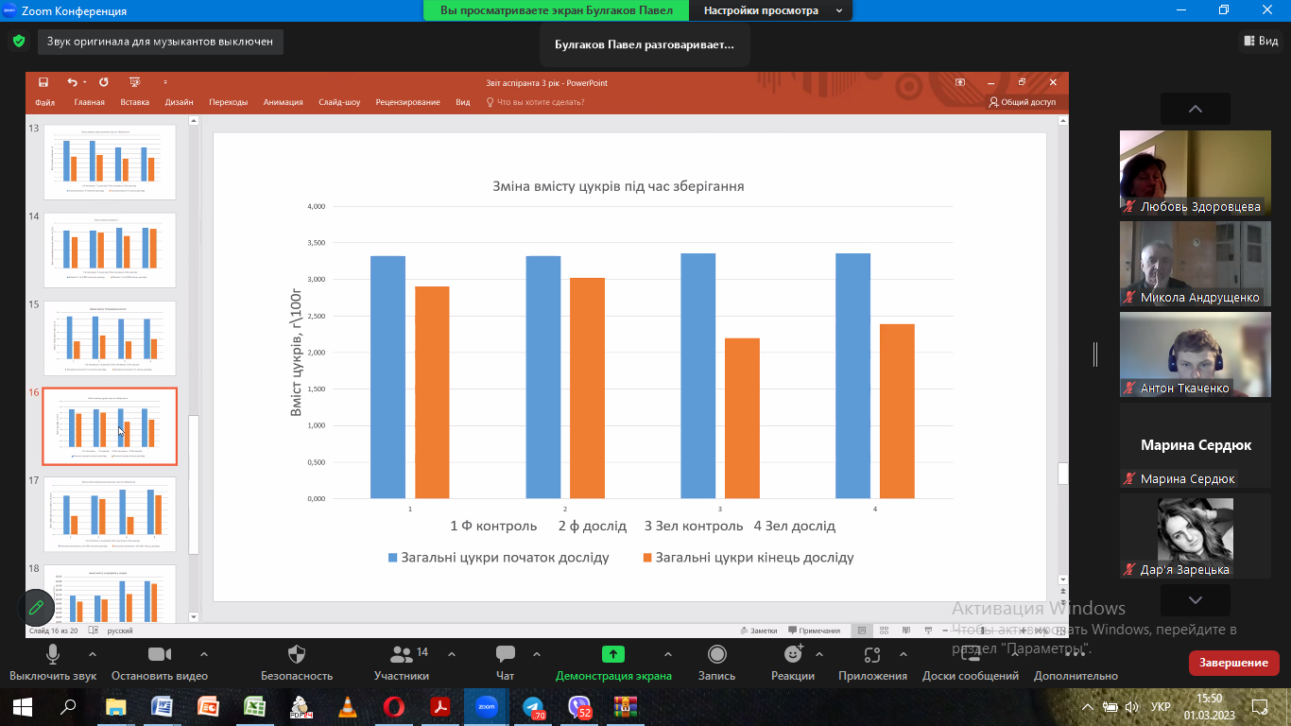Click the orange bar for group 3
tap(742, 418)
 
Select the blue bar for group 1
tap(387, 377)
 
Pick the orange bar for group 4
tap(897, 411)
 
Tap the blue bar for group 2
tap(543, 377)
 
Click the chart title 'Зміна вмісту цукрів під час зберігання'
tap(618, 186)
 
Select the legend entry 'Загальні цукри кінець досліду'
tap(754, 558)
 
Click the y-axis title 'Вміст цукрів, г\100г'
tap(296, 354)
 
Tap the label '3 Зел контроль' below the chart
tap(694, 526)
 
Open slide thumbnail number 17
tap(110, 514)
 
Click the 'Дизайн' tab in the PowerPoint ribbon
tap(179, 102)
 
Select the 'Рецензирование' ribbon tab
tap(407, 102)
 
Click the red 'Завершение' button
tap(1233, 663)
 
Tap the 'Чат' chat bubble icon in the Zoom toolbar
tap(505, 654)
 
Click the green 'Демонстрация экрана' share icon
tap(612, 654)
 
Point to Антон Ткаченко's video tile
tap(1195, 354)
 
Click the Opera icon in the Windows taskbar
tap(394, 706)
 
